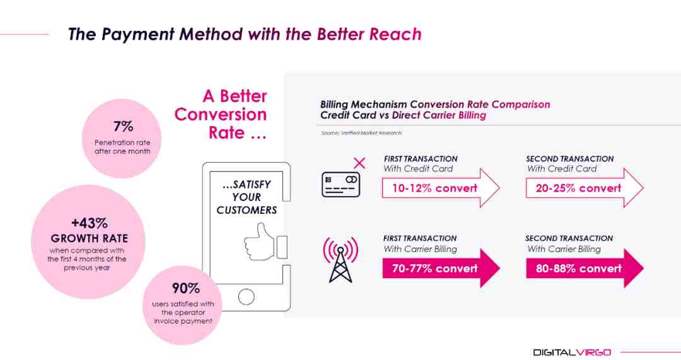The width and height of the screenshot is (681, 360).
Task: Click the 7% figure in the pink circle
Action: [x=124, y=126]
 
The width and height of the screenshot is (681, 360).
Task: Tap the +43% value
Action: [x=90, y=223]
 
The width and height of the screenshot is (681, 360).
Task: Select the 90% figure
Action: [x=186, y=288]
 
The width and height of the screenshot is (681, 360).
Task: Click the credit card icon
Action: [x=341, y=185]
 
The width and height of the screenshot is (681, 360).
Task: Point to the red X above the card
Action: [x=359, y=163]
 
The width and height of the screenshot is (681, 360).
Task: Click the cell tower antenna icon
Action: [x=340, y=259]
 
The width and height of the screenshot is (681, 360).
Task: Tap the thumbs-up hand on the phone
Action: [x=260, y=242]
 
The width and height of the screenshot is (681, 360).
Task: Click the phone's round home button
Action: [x=247, y=297]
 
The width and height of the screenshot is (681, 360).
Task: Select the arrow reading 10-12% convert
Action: [x=441, y=188]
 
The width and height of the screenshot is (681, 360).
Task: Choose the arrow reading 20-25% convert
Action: [x=585, y=188]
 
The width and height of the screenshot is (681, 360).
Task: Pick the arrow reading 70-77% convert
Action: [x=441, y=268]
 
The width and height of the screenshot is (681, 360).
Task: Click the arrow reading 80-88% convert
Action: [x=585, y=268]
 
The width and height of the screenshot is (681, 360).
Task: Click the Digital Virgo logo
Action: [x=572, y=352]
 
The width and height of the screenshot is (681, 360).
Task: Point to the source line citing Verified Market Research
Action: [x=361, y=133]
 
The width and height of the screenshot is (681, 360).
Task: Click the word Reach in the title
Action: [x=395, y=34]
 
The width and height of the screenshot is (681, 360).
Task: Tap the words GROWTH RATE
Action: [x=90, y=238]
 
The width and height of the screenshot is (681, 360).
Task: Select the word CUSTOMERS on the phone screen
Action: [x=247, y=210]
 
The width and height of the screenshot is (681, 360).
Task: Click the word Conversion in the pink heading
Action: [x=221, y=115]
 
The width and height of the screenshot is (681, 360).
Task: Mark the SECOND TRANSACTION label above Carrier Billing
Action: [x=569, y=238]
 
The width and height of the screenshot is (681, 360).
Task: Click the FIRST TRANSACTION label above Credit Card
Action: [x=421, y=159]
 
